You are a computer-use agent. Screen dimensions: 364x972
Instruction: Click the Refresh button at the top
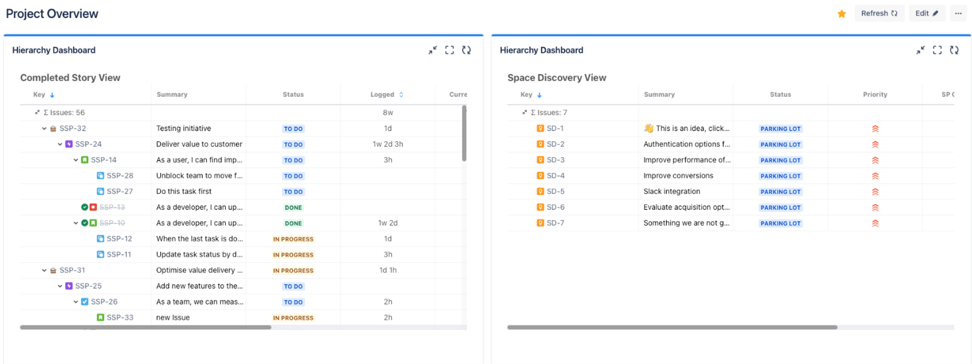(x=879, y=14)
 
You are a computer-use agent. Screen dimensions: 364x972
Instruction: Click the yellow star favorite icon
(x=842, y=14)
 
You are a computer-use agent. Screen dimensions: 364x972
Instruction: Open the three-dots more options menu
(x=958, y=14)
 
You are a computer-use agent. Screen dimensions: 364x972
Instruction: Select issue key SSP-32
(x=72, y=128)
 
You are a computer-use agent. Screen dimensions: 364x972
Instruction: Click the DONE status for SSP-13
(x=293, y=208)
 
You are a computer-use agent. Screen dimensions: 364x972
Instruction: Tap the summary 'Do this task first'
(x=184, y=191)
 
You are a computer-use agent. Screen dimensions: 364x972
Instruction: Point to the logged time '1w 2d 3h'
(x=387, y=144)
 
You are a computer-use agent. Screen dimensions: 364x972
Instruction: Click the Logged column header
(x=382, y=95)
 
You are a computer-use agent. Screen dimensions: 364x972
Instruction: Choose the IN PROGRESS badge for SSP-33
(x=293, y=318)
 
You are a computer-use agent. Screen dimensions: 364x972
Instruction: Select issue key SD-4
(x=555, y=176)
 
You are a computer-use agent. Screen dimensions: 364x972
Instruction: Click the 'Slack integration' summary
(x=672, y=191)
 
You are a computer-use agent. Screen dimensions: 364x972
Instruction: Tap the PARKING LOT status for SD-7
(x=780, y=224)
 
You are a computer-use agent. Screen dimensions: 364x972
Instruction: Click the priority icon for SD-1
(x=875, y=129)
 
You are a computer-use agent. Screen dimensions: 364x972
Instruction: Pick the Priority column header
(x=875, y=95)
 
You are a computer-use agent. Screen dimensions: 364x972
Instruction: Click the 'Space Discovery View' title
(x=556, y=78)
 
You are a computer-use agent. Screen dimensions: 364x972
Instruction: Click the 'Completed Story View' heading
(x=70, y=78)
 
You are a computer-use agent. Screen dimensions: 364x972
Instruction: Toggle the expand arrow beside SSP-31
(x=44, y=270)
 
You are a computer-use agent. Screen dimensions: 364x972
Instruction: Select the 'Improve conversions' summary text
(x=678, y=176)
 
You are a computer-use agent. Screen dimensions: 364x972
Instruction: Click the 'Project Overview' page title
(x=52, y=14)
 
